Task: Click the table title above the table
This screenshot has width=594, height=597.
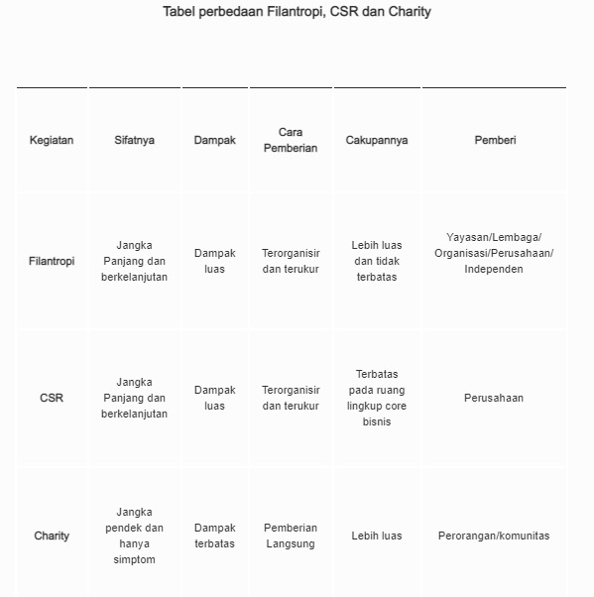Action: [297, 12]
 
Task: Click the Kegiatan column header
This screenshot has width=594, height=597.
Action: [52, 140]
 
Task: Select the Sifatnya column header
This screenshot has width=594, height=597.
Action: [134, 140]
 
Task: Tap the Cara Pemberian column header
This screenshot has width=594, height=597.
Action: [291, 140]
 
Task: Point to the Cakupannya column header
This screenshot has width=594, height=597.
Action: [377, 140]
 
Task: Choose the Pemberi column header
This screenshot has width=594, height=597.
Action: [495, 140]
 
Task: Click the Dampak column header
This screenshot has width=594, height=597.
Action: [215, 140]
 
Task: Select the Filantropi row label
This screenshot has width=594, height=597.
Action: [52, 261]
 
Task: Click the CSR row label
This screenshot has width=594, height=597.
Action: [52, 398]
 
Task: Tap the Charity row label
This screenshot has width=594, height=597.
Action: [52, 536]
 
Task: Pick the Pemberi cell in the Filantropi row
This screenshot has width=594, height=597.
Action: [494, 253]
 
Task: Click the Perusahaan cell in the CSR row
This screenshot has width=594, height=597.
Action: [494, 398]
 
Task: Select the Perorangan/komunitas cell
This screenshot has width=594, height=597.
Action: [494, 536]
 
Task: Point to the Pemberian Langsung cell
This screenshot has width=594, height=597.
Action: [291, 536]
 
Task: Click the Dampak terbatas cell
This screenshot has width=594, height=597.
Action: [215, 536]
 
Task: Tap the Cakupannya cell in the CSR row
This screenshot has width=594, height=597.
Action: [377, 398]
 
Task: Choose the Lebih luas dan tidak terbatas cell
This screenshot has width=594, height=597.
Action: [377, 261]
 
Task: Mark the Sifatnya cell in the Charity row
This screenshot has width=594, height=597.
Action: [134, 536]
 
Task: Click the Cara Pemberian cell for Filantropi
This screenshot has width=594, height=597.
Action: [291, 261]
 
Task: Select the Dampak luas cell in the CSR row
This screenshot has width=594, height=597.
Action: [215, 398]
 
